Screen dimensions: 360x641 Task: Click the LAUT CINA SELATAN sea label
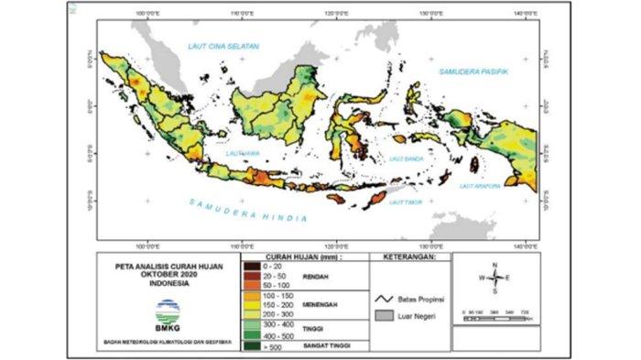click(224, 46)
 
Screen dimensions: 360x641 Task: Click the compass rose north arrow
click(494, 268)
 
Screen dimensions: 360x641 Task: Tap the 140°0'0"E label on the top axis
click(526, 16)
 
